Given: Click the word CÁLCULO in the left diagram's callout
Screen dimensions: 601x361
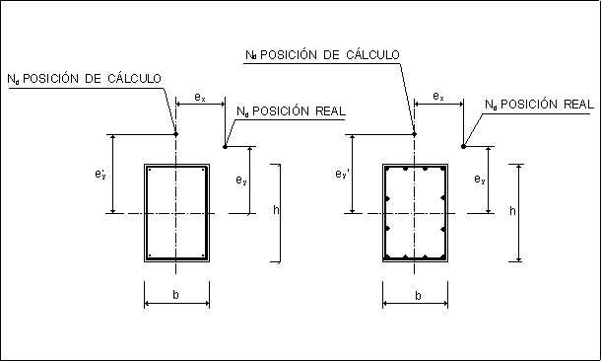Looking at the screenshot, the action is (x=134, y=78).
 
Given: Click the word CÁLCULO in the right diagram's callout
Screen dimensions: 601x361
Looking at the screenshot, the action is (x=373, y=54).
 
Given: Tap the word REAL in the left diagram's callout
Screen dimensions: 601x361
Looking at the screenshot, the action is (x=331, y=110).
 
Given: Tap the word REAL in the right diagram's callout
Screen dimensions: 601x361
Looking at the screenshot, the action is (x=578, y=104).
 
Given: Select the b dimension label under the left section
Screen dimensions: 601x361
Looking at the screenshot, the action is (x=175, y=294).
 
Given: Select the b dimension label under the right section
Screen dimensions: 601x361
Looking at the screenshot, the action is (x=418, y=295).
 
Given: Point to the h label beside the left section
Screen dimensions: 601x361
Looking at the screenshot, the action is (x=276, y=209).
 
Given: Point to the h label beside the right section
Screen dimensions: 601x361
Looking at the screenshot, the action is (x=512, y=210).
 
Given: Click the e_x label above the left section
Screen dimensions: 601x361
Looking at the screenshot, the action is (x=200, y=97).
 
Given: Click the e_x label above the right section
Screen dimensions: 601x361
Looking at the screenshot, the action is (x=438, y=96).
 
